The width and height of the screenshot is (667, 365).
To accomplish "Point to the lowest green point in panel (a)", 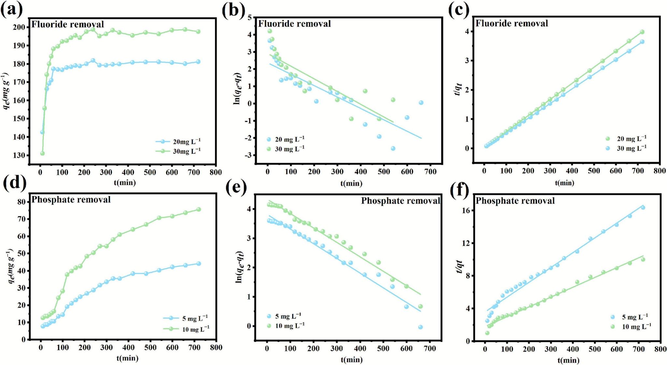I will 42,153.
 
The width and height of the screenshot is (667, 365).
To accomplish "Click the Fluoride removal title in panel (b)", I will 294,24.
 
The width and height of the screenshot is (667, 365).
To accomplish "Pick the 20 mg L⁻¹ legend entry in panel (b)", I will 290,139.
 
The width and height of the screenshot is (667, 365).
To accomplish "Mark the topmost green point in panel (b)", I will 270,31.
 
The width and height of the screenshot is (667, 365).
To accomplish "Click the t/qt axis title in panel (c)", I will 458,89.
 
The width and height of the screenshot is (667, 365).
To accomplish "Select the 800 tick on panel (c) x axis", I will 660,171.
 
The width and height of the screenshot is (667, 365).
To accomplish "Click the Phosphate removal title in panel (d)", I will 71,200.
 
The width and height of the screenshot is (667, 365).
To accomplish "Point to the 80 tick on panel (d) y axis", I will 21,202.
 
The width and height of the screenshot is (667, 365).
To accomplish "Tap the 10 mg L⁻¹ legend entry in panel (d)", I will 195,329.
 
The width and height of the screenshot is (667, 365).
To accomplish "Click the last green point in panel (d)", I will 199,209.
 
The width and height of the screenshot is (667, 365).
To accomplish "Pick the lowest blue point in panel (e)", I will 420,327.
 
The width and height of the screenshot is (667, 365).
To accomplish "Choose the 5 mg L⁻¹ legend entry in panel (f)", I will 634,317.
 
